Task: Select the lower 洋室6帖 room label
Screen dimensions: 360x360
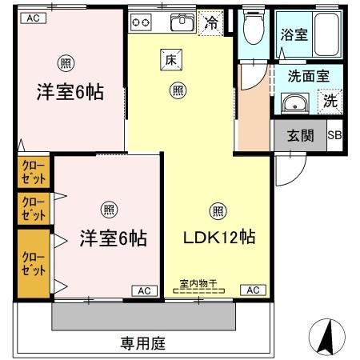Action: [113, 238]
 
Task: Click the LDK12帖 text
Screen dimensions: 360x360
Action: [220, 238]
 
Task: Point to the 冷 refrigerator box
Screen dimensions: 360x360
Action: [211, 24]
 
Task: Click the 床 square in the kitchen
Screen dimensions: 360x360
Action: [170, 58]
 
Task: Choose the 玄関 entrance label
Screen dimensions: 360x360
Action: [299, 134]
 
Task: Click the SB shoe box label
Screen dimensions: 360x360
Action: [334, 134]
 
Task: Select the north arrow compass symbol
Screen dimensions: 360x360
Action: [324, 337]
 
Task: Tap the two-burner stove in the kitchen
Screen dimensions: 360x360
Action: [142, 22]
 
